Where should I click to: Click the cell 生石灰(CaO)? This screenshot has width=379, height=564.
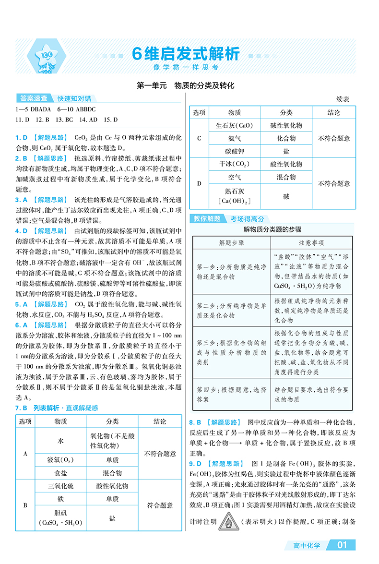[x=235, y=126]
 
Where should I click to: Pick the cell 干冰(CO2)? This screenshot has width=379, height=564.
[x=235, y=164]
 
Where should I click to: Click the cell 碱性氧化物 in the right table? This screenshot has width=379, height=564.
[x=286, y=126]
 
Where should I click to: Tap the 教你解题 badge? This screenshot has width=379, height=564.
[x=207, y=218]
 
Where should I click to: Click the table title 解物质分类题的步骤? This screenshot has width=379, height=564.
[x=272, y=229]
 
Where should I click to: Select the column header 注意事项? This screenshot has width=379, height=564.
[x=311, y=243]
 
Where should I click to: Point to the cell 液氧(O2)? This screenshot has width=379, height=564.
[x=60, y=460]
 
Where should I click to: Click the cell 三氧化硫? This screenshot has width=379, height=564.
[x=60, y=486]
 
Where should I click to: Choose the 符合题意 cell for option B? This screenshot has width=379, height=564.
[x=160, y=505]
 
